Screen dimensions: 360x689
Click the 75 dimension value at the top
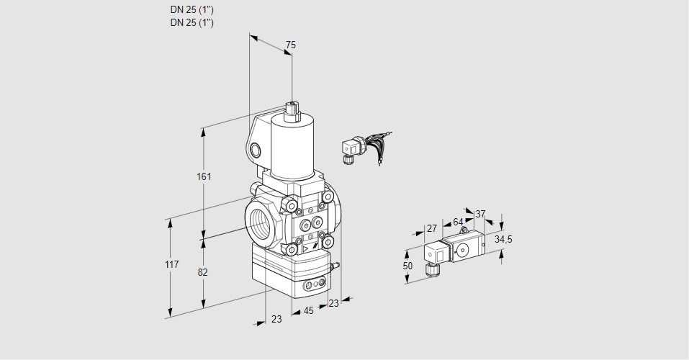290,45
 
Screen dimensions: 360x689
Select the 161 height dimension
204,177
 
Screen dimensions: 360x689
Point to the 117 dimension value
171,265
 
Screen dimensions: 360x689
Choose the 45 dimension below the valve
308,311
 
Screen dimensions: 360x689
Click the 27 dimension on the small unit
432,228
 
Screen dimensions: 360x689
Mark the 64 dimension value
458,222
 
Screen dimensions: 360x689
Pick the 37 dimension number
480,214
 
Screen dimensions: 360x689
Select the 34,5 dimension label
503,239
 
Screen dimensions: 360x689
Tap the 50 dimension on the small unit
407,266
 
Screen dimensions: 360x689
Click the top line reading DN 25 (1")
192,10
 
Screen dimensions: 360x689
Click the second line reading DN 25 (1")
192,22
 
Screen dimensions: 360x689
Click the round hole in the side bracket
256,150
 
